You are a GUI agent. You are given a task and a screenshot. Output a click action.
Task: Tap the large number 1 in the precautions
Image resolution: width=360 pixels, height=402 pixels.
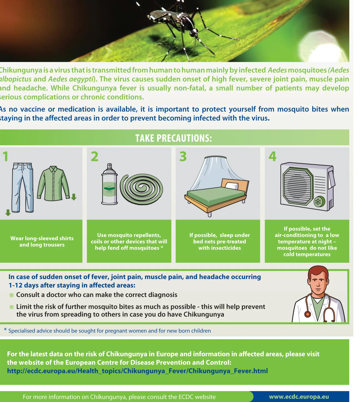6,156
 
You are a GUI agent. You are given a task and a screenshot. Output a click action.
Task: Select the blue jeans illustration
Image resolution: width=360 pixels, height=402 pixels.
22,188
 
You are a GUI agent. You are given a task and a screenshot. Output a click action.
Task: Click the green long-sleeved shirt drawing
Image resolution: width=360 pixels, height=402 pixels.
54,183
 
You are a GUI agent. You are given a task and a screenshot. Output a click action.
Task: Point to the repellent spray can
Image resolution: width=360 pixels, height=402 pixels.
109,185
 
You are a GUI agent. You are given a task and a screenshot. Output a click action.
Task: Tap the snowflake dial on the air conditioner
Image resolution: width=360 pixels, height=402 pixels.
318,202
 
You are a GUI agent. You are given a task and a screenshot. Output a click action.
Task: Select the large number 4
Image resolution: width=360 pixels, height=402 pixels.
272,156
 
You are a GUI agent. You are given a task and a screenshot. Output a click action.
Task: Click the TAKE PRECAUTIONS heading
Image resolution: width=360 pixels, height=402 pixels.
174,138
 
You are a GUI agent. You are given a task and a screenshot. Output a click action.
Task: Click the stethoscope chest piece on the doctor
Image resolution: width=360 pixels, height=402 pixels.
307,314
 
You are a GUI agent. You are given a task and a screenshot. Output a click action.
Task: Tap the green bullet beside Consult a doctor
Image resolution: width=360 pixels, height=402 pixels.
11,295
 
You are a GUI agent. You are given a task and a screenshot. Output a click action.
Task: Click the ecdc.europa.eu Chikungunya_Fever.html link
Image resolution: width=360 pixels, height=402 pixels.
137,371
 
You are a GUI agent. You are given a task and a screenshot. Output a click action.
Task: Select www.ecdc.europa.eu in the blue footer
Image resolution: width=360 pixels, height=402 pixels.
299,397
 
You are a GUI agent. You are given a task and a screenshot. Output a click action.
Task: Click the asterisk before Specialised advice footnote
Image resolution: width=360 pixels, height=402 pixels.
5,330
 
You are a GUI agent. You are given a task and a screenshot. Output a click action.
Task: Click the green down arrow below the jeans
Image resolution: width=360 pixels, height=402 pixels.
8,213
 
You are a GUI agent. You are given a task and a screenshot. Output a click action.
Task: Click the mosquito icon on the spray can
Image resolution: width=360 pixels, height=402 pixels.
109,190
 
